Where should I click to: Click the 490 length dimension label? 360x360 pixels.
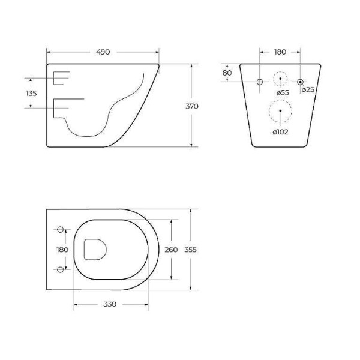pyautogui.click(x=103, y=52)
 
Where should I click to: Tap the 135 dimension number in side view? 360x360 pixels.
pyautogui.click(x=32, y=94)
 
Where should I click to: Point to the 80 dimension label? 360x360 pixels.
pyautogui.click(x=227, y=73)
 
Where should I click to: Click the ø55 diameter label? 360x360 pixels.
pyautogui.click(x=283, y=93)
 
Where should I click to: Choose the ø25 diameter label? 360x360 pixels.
pyautogui.click(x=308, y=90)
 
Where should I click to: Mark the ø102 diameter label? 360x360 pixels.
pyautogui.click(x=280, y=132)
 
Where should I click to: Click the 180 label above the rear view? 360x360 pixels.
pyautogui.click(x=280, y=52)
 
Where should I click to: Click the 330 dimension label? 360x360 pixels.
pyautogui.click(x=109, y=305)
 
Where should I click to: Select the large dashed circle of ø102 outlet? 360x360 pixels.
pyautogui.click(x=280, y=112)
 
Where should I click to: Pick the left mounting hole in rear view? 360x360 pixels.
pyautogui.click(x=260, y=81)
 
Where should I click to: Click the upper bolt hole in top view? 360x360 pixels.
pyautogui.click(x=60, y=230)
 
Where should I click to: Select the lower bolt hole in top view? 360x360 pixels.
pyautogui.click(x=60, y=269)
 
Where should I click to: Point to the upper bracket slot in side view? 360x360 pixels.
pyautogui.click(x=61, y=77)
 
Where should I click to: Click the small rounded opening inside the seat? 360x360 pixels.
pyautogui.click(x=95, y=249)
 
